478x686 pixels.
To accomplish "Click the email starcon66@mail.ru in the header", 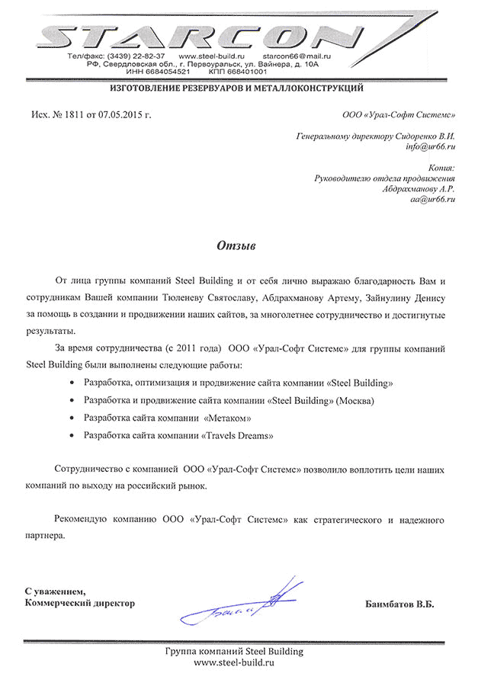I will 296,57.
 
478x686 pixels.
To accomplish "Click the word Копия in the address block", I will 442,167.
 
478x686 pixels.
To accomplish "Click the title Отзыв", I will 236,247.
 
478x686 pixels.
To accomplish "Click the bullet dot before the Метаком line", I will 72,418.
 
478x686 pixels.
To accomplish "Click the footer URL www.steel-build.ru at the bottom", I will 234,664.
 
